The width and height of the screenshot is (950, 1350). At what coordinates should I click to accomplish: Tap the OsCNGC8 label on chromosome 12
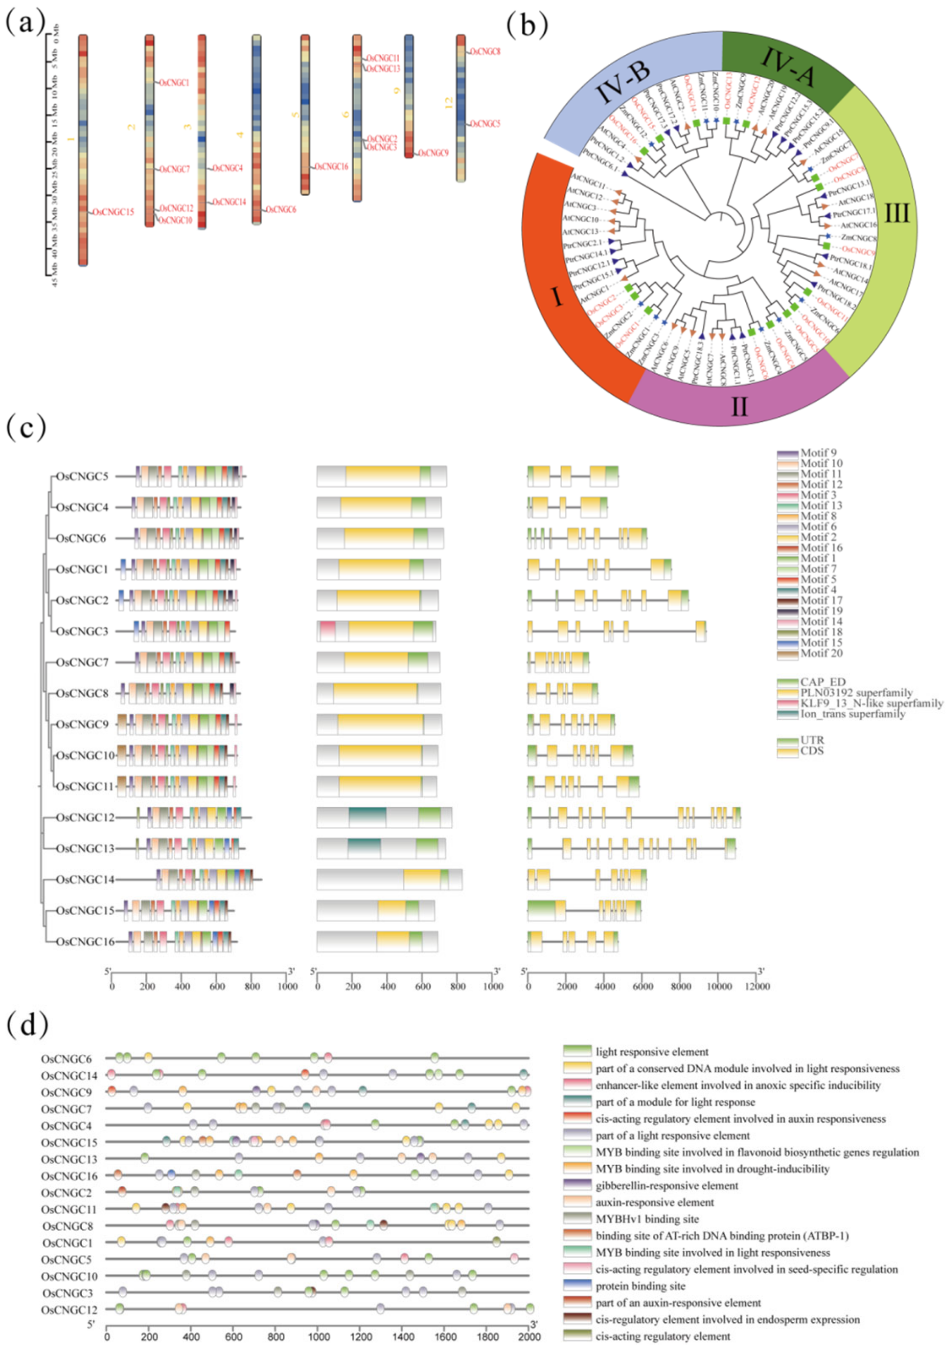[486, 52]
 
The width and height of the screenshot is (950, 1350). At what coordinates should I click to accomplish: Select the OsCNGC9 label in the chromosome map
[434, 153]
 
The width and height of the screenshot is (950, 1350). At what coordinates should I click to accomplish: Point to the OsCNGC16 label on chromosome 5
[332, 167]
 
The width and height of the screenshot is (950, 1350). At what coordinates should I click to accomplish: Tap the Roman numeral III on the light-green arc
[897, 213]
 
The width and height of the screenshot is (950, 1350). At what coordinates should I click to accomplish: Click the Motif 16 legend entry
[821, 547]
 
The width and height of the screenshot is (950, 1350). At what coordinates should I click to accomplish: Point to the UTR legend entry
[812, 740]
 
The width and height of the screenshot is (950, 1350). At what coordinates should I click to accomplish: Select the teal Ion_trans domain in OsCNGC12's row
[368, 817]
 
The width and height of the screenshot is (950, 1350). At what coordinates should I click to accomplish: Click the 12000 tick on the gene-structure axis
[756, 986]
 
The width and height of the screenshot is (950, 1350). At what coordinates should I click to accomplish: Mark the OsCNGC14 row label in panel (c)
[85, 880]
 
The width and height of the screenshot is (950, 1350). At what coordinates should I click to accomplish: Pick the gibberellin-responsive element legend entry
[666, 1185]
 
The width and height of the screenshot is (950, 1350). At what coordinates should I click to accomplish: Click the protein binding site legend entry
[640, 1286]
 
